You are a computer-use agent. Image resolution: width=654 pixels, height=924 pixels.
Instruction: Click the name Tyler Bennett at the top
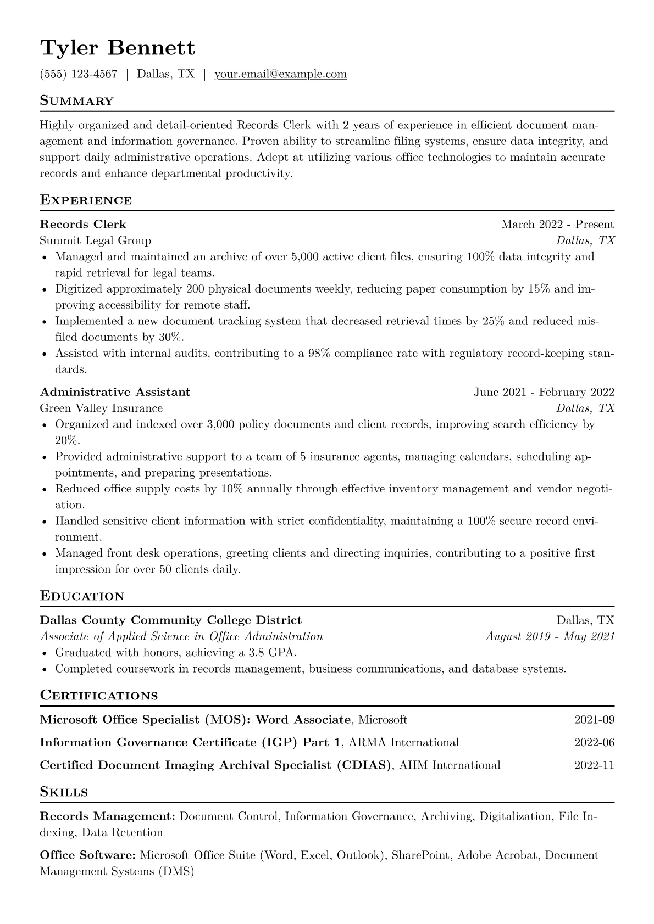click(x=118, y=48)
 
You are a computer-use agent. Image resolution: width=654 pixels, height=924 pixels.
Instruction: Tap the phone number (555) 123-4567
click(x=79, y=74)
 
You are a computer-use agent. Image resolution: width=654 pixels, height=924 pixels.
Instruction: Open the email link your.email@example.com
click(x=280, y=74)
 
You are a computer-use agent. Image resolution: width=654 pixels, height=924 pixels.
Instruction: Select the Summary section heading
click(x=77, y=101)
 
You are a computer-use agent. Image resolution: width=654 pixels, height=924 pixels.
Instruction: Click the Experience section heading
click(x=86, y=200)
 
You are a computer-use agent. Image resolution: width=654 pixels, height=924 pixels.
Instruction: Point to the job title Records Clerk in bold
click(x=83, y=224)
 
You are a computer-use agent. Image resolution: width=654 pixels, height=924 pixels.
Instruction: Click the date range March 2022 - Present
click(x=557, y=224)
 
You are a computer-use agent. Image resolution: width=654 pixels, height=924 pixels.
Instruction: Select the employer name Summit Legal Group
click(x=96, y=240)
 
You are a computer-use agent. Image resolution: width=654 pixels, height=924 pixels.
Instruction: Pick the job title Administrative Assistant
click(x=115, y=392)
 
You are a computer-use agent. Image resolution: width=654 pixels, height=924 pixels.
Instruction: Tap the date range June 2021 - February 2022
click(x=544, y=392)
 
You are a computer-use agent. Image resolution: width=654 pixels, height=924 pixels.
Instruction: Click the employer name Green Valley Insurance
click(x=101, y=408)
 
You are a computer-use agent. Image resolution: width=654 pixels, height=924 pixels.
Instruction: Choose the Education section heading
click(x=82, y=596)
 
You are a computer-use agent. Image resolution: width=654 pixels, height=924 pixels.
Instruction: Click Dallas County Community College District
click(x=171, y=620)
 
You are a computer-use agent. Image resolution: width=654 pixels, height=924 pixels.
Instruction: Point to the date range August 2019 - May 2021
click(x=550, y=636)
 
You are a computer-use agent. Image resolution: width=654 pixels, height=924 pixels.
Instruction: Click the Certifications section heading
click(x=99, y=696)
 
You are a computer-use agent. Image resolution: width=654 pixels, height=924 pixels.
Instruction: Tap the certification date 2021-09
click(x=594, y=720)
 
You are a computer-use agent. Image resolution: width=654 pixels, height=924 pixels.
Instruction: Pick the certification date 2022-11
click(x=594, y=765)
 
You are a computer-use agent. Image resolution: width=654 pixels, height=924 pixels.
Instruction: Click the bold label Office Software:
click(x=88, y=855)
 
